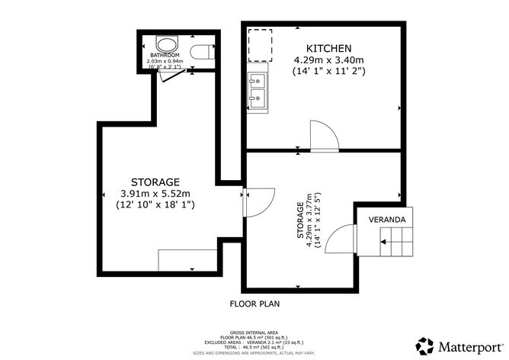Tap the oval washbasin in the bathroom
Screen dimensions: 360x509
coord(164,43)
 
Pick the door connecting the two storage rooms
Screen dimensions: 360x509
coord(258,201)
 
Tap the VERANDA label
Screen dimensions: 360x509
coord(387,220)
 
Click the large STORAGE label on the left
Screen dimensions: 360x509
coord(155,182)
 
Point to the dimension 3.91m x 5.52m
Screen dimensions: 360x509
coord(155,193)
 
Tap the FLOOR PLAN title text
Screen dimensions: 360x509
coord(254,304)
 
